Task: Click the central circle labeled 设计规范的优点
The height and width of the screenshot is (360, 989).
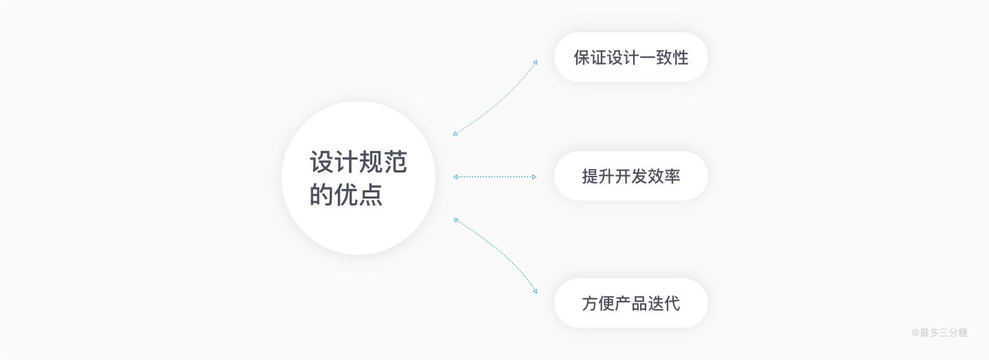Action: (x=359, y=178)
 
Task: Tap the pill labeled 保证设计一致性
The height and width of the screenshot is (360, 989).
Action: (x=630, y=57)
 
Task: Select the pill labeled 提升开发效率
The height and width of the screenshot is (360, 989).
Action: (x=630, y=176)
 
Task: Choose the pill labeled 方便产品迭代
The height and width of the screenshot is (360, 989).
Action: (x=630, y=303)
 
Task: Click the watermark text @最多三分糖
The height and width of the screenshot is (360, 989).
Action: (x=939, y=333)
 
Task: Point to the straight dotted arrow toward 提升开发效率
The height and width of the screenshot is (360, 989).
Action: (x=494, y=177)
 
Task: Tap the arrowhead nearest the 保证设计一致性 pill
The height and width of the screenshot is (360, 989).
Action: (x=535, y=62)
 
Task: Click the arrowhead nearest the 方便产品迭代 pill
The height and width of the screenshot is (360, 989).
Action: (x=535, y=291)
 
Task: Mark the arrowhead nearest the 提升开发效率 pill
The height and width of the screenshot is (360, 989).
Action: (x=534, y=177)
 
